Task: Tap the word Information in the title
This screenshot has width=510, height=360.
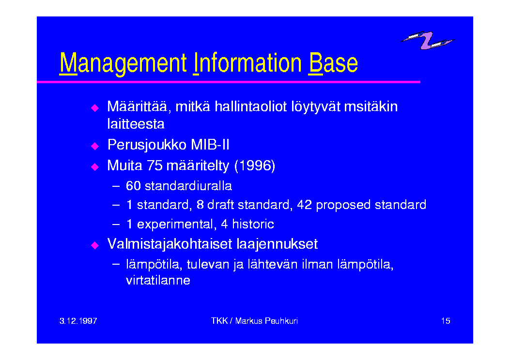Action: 247,62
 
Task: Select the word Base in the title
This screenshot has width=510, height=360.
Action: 333,62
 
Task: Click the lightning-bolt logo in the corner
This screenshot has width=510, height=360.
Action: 428,40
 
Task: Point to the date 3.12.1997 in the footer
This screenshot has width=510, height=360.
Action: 78,321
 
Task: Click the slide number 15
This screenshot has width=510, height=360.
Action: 446,321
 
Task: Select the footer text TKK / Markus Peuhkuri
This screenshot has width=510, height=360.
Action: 254,321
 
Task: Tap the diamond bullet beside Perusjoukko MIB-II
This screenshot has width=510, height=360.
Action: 95,146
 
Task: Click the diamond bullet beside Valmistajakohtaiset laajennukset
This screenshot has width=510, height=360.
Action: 95,245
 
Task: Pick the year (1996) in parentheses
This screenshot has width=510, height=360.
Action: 255,165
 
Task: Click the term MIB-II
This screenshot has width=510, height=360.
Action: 210,145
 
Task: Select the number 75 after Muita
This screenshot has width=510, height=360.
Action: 155,165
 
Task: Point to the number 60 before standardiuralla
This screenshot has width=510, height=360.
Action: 133,186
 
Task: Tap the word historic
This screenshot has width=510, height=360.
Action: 253,224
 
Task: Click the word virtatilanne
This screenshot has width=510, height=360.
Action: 158,280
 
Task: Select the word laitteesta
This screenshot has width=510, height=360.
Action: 136,124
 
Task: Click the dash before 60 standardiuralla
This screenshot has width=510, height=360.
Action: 116,186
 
